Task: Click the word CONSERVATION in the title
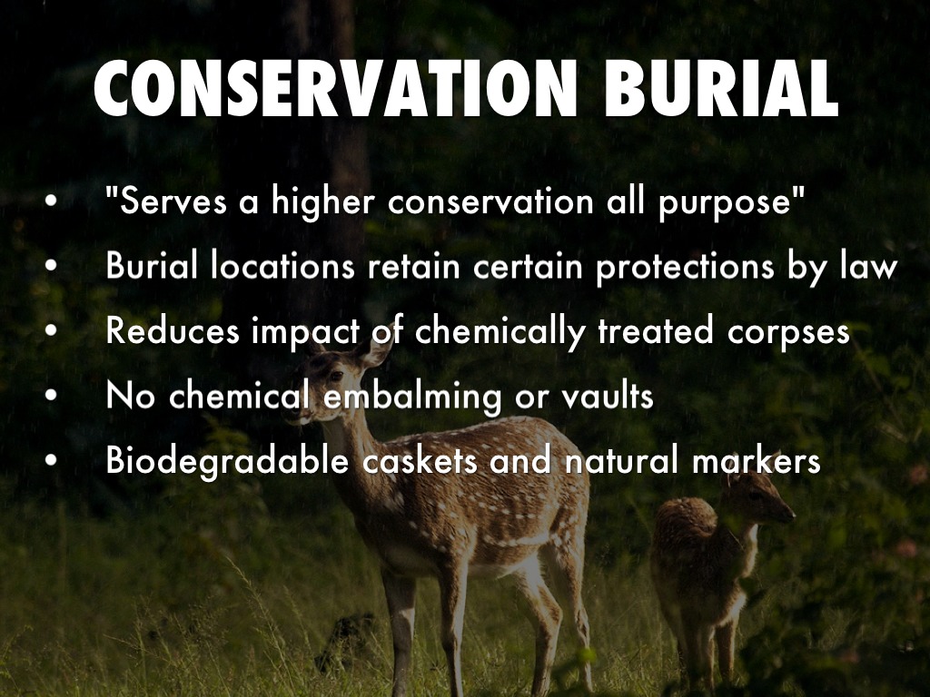pos(336,88)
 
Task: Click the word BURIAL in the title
pos(721,88)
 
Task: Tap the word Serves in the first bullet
pos(166,201)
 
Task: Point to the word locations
pos(283,266)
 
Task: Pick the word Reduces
pos(172,330)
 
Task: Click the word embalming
pos(412,396)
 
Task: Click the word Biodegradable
pos(226,460)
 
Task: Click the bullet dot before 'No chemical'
pos(52,396)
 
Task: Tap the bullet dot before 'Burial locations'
pos(52,266)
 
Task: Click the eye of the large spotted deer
pos(336,375)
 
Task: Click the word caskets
pos(420,460)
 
